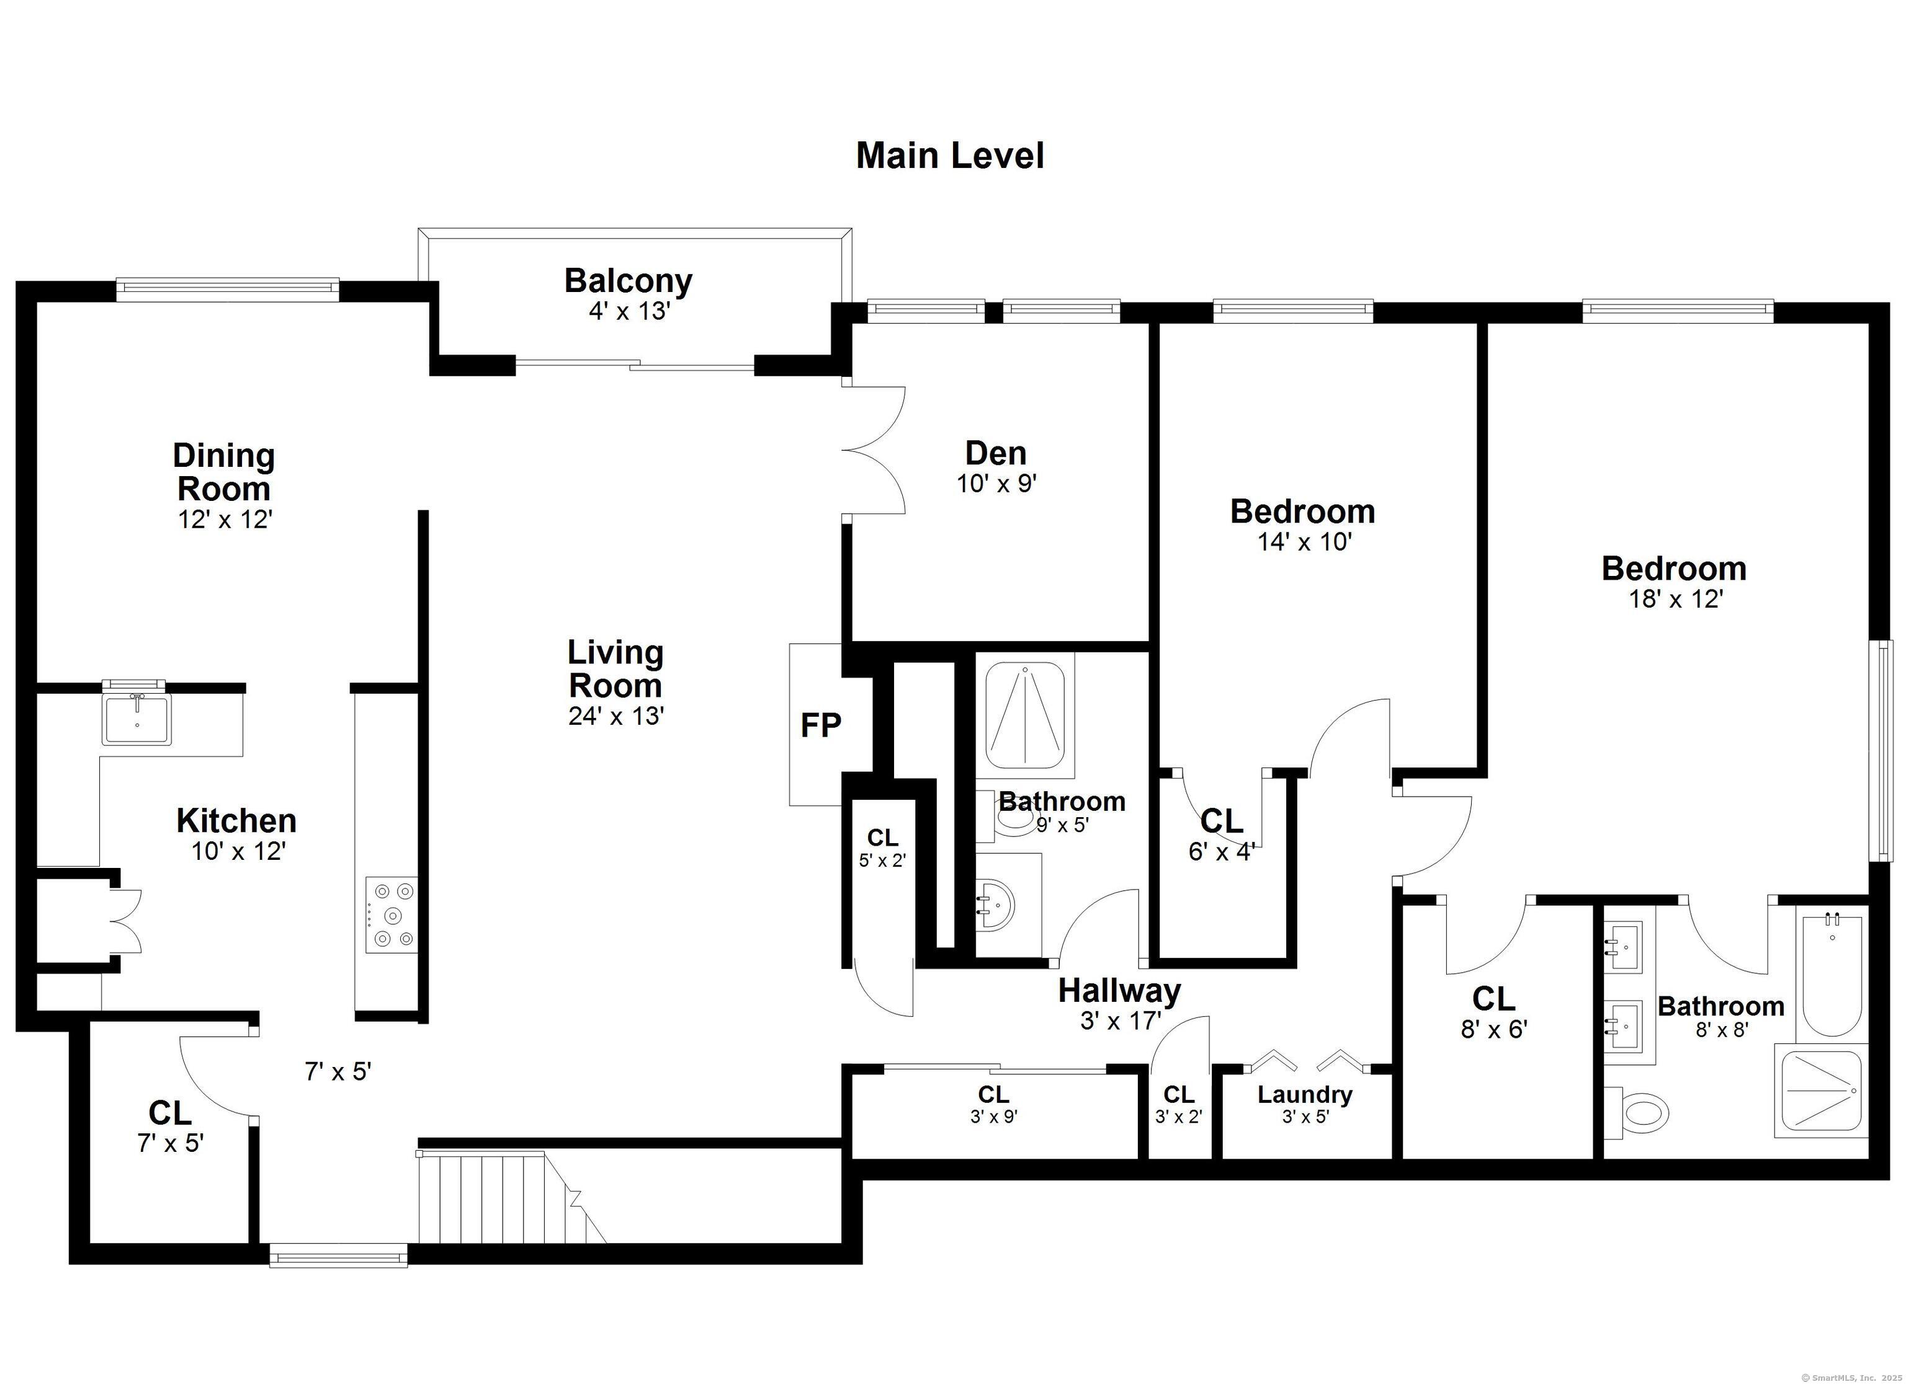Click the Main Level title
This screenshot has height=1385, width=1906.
click(950, 156)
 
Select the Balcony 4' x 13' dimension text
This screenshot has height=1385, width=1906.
click(629, 312)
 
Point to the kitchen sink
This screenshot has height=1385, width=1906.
click(136, 719)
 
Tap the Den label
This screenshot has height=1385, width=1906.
click(996, 454)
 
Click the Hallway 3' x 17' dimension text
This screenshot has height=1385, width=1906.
click(1121, 1020)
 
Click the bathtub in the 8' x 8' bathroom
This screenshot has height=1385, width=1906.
click(1831, 975)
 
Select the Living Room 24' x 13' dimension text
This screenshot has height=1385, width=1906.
click(616, 717)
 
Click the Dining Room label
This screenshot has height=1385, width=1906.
click(223, 472)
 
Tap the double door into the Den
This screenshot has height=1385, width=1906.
click(874, 450)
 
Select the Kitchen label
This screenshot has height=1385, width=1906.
click(236, 821)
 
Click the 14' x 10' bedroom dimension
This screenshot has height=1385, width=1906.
click(1304, 542)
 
